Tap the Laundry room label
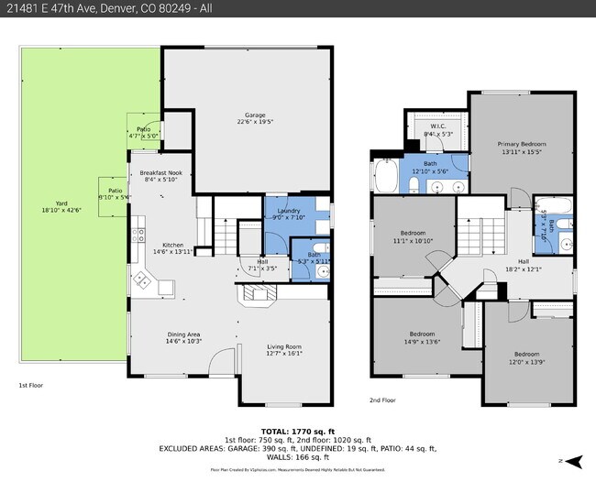coord(289,214)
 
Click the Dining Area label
coord(184,337)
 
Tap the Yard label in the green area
coord(61,206)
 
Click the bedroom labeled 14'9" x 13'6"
coord(422,337)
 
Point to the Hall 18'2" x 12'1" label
coord(523,266)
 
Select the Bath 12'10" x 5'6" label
coord(430,167)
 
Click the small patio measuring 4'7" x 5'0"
coord(144,132)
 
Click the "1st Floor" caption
coord(32,386)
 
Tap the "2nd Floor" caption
coord(383,400)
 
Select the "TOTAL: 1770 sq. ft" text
coord(299,430)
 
